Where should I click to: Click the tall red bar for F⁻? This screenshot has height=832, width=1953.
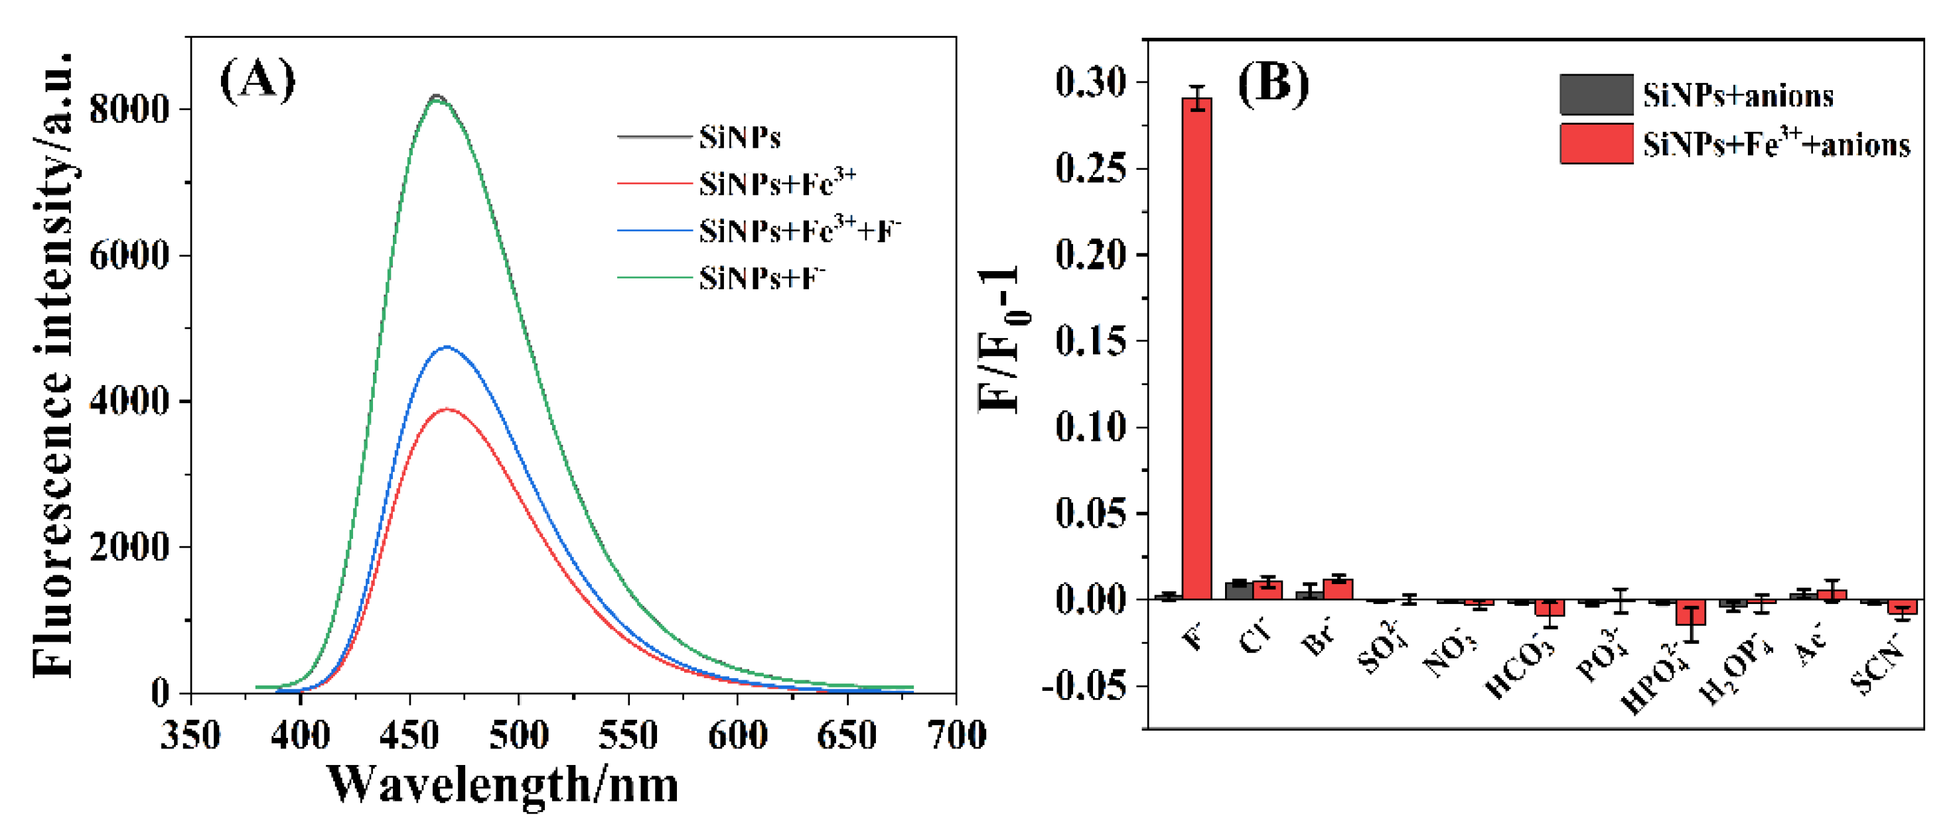click(1196, 349)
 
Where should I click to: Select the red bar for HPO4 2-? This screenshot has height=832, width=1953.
click(1691, 613)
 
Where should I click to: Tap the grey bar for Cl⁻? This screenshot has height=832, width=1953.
click(1239, 590)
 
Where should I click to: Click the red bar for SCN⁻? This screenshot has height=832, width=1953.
click(1902, 608)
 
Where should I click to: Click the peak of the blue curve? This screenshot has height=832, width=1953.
click(447, 347)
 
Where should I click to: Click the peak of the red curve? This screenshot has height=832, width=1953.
click(447, 409)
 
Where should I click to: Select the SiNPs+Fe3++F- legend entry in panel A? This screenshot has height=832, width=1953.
click(798, 230)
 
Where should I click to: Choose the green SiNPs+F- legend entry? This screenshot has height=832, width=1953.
click(760, 278)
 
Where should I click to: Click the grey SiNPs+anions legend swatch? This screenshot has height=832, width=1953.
click(1596, 95)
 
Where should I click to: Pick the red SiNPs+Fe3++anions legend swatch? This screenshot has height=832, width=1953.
click(1596, 144)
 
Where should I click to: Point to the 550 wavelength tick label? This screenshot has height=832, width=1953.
click(628, 735)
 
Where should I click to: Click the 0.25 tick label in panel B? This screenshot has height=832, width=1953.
click(1091, 168)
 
